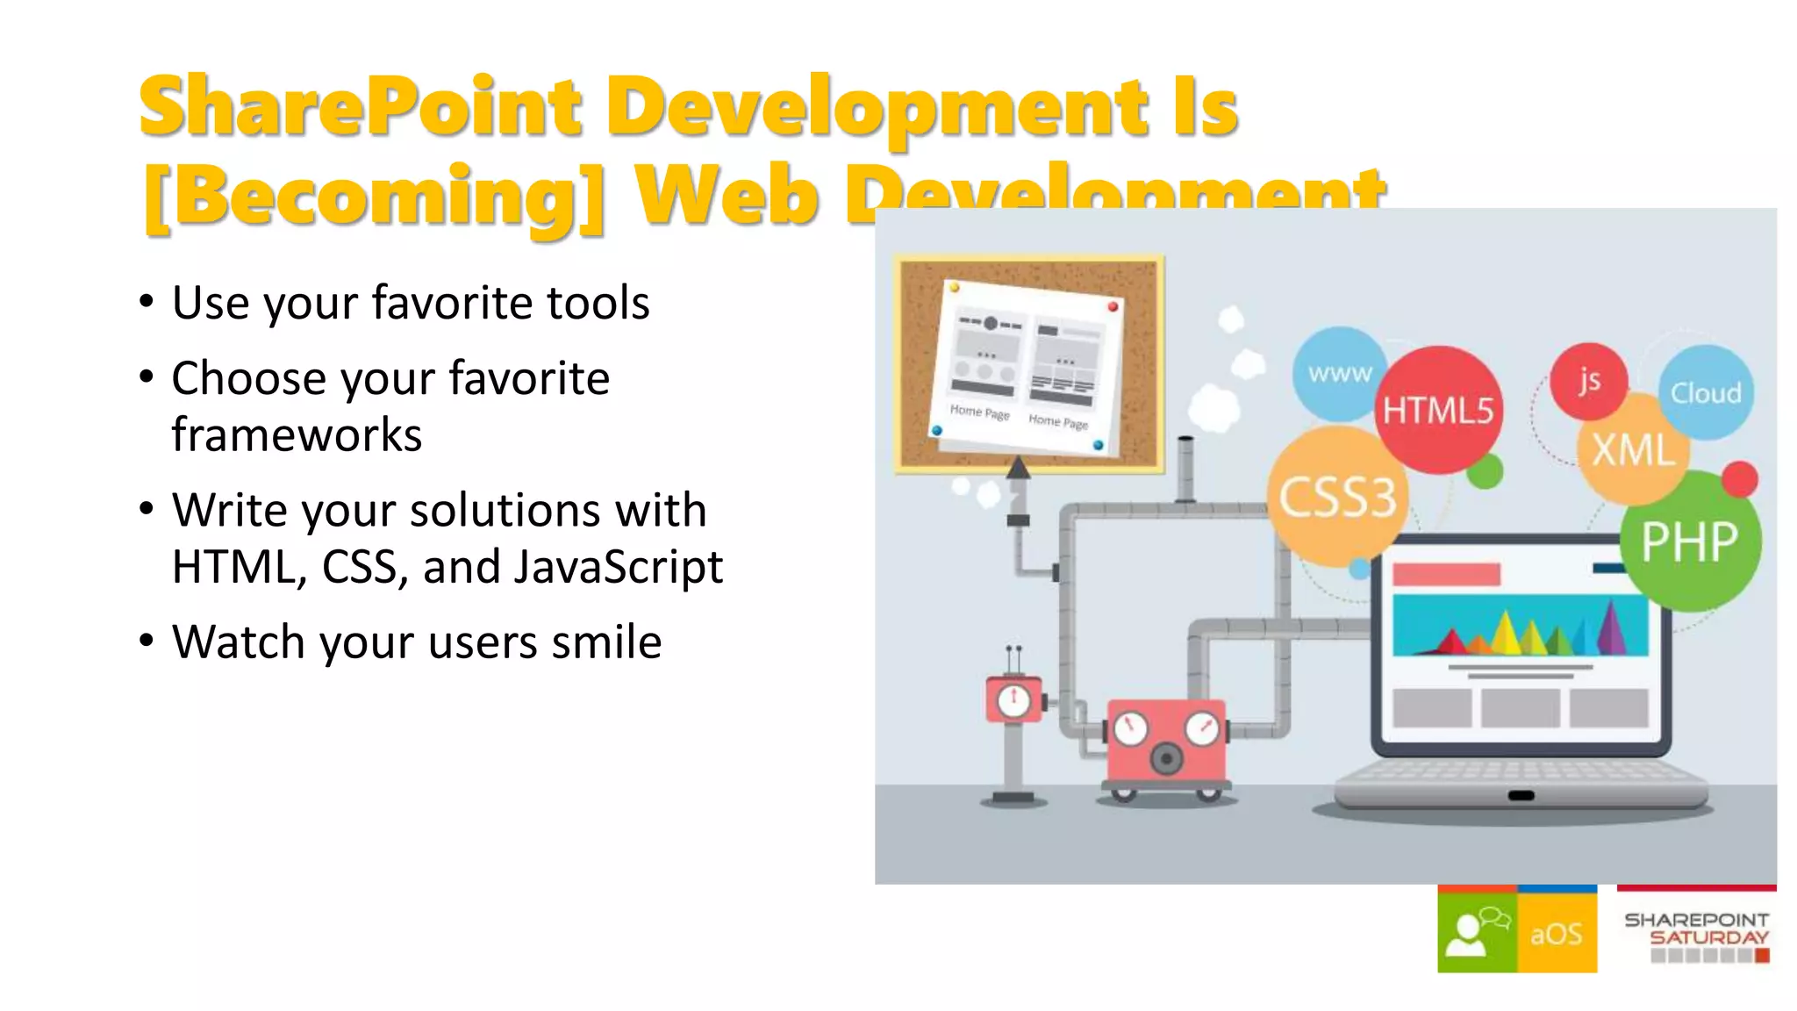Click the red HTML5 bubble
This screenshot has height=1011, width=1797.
point(1438,410)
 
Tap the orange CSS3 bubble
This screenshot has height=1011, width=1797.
point(1336,497)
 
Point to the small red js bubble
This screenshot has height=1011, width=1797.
point(1589,380)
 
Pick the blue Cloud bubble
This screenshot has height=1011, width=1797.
point(1705,392)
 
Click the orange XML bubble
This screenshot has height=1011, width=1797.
point(1633,450)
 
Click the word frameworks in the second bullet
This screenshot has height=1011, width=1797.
point(297,435)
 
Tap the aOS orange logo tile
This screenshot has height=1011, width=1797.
point(1557,933)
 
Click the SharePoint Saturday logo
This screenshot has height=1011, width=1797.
point(1696,933)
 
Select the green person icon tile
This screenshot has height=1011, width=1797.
point(1477,933)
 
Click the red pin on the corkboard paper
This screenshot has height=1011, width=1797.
point(1113,306)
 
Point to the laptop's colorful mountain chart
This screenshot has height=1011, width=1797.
point(1521,626)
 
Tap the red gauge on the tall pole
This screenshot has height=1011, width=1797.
point(1014,699)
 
